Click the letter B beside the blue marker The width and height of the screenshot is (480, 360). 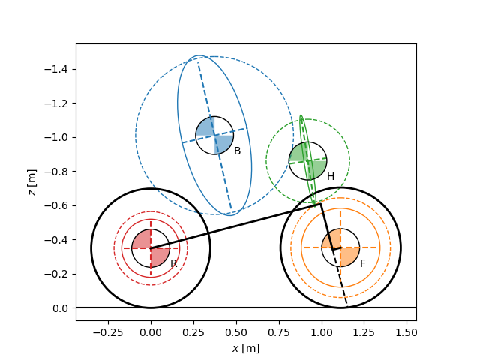237,151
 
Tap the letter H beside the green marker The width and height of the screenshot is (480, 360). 331,176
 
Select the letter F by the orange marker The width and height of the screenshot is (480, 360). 363,263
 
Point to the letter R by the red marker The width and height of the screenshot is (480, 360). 173,263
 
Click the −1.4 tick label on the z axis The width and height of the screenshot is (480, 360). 56,70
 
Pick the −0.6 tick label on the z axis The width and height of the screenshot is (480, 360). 56,205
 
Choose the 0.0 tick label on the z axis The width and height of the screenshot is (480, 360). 60,308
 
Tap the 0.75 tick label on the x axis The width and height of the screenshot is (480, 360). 278,332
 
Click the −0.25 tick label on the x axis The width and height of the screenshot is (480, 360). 108,332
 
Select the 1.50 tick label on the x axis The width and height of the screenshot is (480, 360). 406,332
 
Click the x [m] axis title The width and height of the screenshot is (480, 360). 246,348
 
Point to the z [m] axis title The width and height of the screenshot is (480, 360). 32,182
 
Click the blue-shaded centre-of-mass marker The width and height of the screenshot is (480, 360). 214,135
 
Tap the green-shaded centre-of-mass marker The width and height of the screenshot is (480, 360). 308,160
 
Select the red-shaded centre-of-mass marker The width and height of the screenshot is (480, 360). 151,248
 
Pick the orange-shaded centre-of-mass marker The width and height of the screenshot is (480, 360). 340,247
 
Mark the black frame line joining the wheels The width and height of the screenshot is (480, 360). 235,226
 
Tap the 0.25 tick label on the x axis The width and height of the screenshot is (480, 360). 193,332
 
